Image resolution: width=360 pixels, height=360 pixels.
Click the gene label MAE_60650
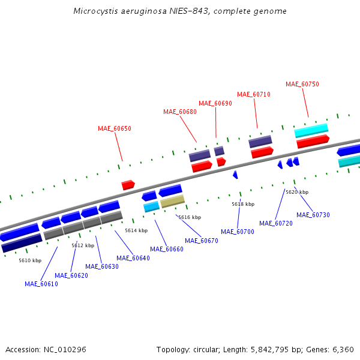click(114, 128)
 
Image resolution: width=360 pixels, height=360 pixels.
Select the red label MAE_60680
click(179, 112)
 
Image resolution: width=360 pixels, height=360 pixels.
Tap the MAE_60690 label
click(215, 103)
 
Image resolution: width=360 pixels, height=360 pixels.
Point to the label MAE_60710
click(253, 94)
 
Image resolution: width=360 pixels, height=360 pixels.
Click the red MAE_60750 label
click(302, 84)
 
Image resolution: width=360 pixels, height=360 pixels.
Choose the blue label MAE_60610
click(41, 284)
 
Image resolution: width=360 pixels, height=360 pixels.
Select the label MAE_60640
click(133, 258)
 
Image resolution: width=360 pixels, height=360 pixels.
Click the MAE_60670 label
click(201, 241)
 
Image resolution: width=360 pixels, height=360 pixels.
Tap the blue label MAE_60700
click(238, 232)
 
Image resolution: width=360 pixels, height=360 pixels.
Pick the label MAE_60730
click(313, 215)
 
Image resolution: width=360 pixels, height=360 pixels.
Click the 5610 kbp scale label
click(30, 260)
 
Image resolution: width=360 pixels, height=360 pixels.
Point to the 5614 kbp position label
click(136, 230)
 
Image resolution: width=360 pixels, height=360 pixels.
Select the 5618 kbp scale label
click(243, 204)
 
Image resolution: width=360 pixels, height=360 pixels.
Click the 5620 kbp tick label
click(297, 192)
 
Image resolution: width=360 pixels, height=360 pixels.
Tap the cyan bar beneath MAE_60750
click(311, 130)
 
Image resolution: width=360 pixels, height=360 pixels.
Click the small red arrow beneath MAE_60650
click(128, 185)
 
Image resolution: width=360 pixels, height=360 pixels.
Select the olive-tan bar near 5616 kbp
click(172, 201)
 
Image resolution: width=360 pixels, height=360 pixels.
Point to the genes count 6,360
click(343, 349)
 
